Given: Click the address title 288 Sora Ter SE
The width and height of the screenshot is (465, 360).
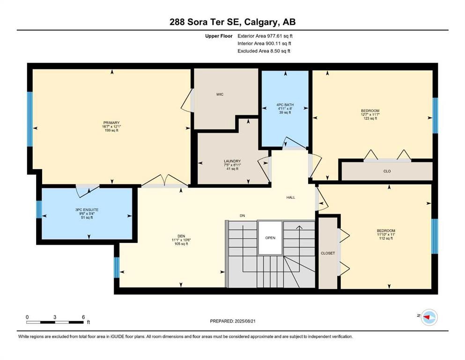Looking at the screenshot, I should point(232,22).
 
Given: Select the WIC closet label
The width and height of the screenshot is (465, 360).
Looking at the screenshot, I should point(220,94).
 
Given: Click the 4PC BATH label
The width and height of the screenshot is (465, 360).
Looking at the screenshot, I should point(284,105).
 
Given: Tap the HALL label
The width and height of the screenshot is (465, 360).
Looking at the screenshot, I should point(291,197).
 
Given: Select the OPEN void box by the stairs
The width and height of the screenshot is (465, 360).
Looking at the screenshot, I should point(270,238).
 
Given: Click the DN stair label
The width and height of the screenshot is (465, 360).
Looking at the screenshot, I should point(242,216).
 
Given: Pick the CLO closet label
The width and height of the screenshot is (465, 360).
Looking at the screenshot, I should point(387,171).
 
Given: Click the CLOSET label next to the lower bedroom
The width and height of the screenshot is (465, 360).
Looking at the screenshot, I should point(328,253).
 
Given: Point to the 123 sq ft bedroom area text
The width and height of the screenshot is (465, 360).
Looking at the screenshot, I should point(370,119).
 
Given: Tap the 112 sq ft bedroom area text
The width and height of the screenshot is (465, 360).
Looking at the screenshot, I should point(386,239).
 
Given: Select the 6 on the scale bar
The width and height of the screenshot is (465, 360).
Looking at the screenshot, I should point(83,317).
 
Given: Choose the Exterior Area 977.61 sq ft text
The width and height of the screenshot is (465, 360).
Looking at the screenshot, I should point(267,36).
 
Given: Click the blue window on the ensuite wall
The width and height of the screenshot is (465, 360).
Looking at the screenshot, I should point(39,210).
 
